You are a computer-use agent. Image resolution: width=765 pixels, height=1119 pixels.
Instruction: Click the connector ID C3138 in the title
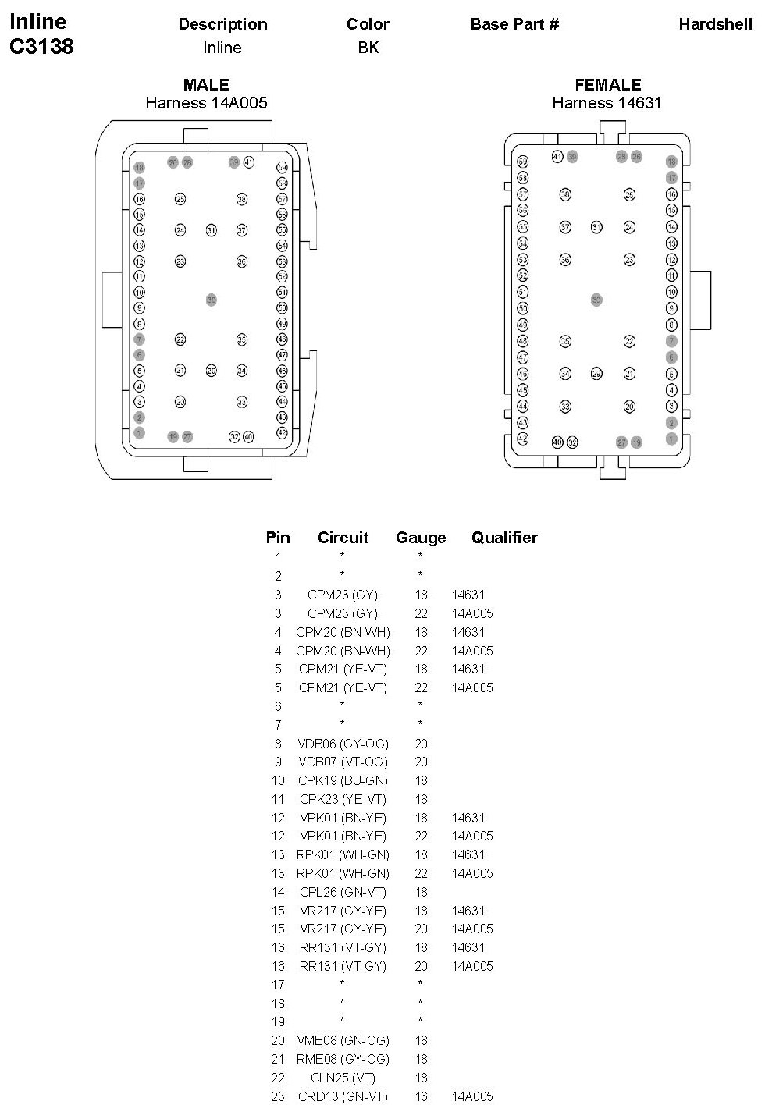pos(41,47)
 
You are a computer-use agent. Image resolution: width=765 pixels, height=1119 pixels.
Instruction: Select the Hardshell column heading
pos(715,24)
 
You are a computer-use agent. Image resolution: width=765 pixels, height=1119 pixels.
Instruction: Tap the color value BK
pos(368,48)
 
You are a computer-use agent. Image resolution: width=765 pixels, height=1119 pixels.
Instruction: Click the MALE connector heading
pos(206,85)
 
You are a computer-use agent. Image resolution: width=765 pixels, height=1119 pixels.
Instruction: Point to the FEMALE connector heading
pos(607,85)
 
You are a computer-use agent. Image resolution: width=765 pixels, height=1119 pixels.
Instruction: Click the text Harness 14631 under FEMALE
pos(607,103)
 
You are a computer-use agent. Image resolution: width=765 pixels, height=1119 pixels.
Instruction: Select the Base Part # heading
pos(514,24)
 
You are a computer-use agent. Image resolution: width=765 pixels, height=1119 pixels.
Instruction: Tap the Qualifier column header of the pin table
pos(504,538)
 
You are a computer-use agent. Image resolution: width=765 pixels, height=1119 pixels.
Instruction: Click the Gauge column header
pos(421,538)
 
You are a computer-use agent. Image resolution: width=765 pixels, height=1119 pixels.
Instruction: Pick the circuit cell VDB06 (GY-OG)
pos(343,744)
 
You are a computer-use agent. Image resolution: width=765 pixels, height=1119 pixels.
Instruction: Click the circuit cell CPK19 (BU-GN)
pos(343,780)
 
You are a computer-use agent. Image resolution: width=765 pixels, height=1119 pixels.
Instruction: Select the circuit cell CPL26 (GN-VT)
pos(343,892)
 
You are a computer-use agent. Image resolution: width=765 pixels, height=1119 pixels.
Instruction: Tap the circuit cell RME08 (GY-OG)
pos(343,1059)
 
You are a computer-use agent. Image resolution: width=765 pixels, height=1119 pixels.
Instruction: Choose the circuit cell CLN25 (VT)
pos(343,1078)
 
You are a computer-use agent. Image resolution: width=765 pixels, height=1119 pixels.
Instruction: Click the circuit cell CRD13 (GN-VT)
pos(343,1096)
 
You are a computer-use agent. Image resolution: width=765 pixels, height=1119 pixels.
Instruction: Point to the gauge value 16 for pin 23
pos(421,1096)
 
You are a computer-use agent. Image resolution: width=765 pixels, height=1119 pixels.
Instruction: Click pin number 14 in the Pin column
pos(278,892)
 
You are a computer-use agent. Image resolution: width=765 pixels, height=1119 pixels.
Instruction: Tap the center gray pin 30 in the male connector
pos(211,300)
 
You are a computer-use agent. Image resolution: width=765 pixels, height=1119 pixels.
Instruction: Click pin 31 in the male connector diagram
pos(211,230)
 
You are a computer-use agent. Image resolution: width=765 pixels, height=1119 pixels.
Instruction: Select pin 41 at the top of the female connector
pos(557,157)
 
